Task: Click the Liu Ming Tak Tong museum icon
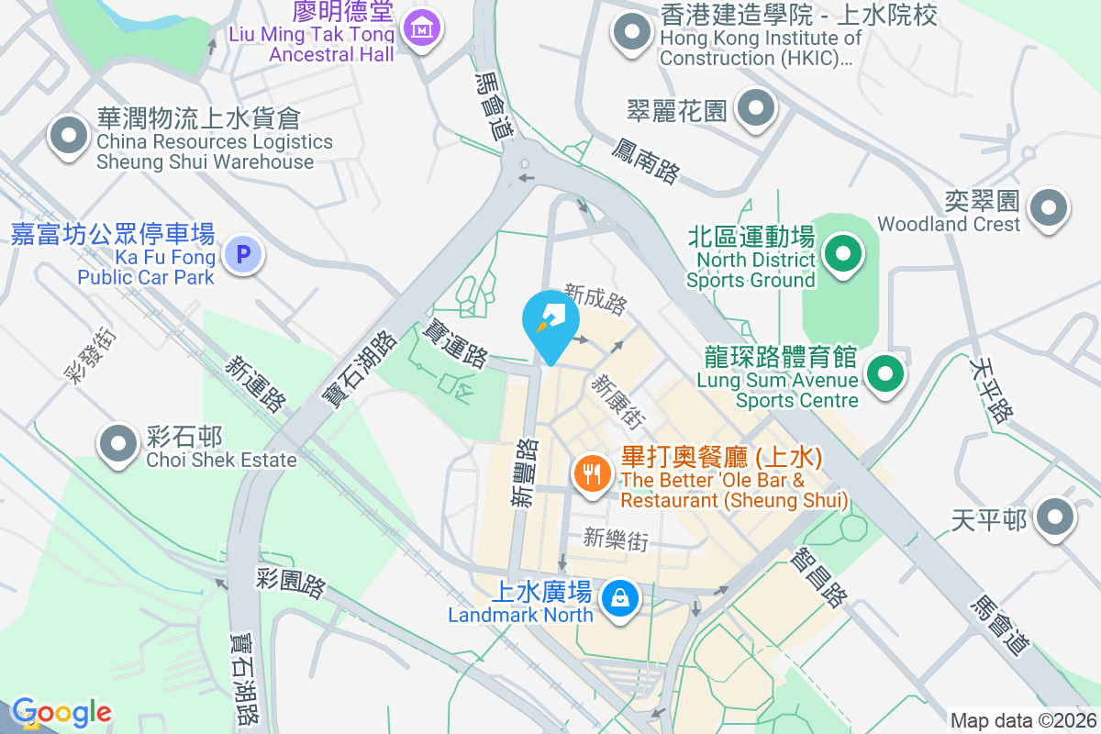tap(422, 28)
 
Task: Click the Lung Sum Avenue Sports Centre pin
tap(884, 373)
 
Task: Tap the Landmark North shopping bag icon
tap(621, 598)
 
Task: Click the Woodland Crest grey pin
tap(1048, 207)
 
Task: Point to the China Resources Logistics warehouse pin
tap(68, 137)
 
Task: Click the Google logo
tap(61, 713)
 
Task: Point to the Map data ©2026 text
tap(1023, 720)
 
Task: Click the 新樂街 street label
tap(616, 540)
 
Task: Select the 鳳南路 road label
tap(646, 161)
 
